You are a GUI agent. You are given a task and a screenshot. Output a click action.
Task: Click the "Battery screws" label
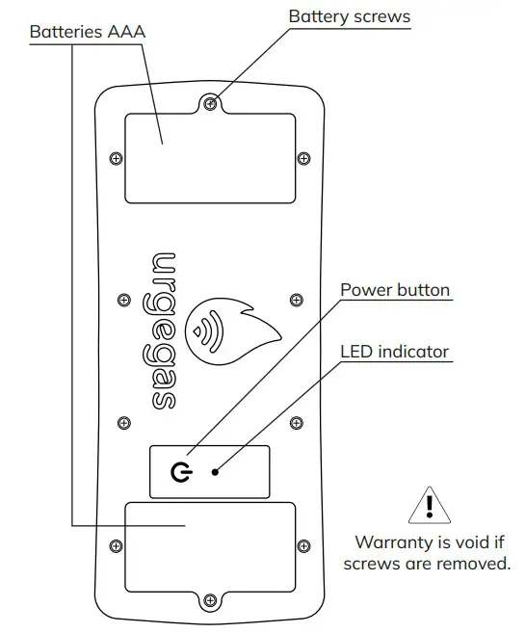[x=349, y=16]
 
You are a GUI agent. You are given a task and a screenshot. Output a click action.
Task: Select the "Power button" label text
[x=395, y=289]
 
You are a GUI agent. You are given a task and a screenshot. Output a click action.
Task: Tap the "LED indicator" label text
[x=395, y=351]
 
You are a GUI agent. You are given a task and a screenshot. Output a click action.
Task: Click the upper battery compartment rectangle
[x=210, y=158]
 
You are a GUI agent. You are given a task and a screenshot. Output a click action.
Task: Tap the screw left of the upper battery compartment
[x=116, y=158]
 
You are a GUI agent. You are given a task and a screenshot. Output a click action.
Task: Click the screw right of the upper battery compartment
[x=304, y=158]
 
